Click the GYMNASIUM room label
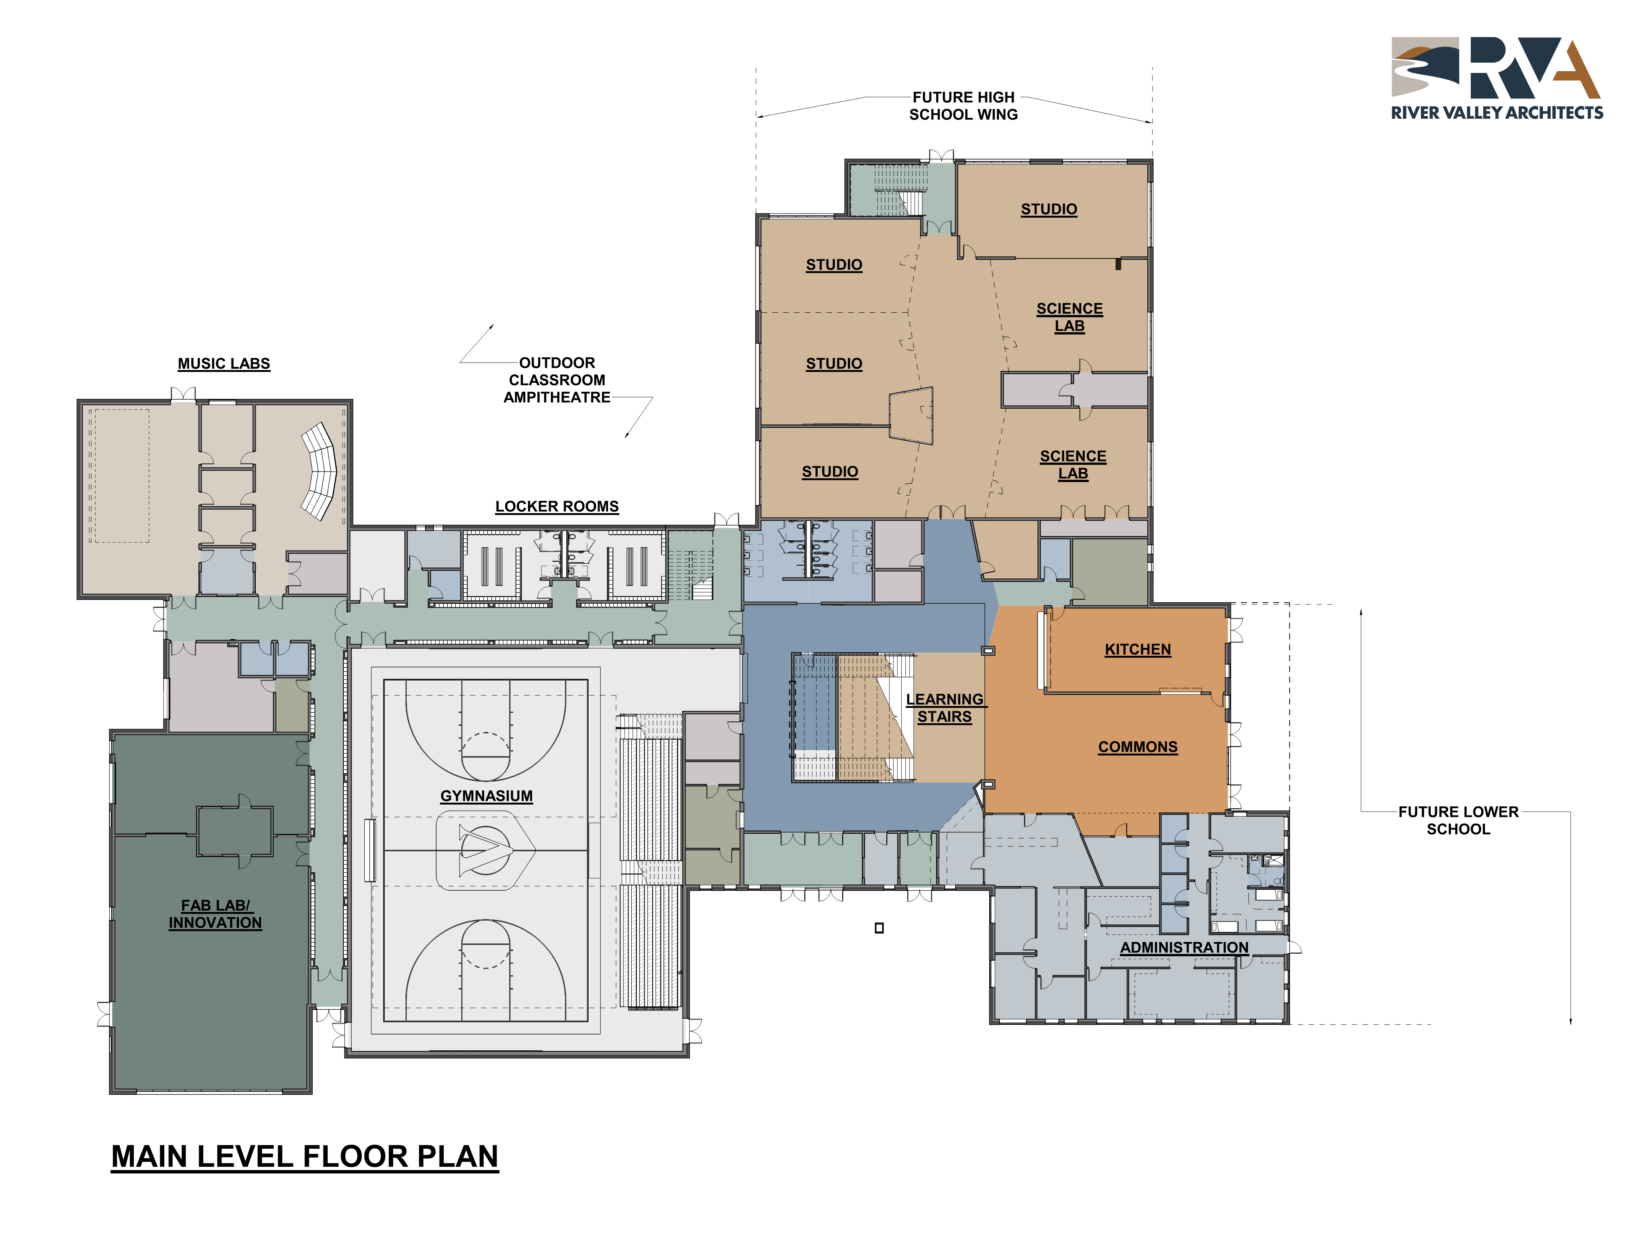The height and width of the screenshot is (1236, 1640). [486, 796]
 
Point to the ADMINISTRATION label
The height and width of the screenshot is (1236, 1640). [1184, 948]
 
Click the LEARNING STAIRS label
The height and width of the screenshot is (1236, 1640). [945, 708]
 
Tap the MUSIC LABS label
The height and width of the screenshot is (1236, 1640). [224, 363]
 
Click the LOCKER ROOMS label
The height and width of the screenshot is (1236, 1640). [557, 506]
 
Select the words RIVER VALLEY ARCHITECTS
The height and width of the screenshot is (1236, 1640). [1497, 113]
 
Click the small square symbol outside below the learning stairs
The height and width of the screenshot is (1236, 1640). [879, 927]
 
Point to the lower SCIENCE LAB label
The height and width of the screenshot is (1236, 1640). [1073, 465]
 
